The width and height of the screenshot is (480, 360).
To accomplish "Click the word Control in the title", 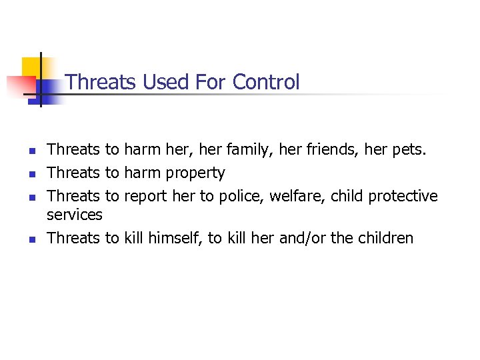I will [266, 82].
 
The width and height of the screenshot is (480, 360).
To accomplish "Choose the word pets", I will [408, 150].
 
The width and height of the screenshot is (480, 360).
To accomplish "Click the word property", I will [195, 173].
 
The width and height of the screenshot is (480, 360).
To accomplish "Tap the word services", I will [75, 215].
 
